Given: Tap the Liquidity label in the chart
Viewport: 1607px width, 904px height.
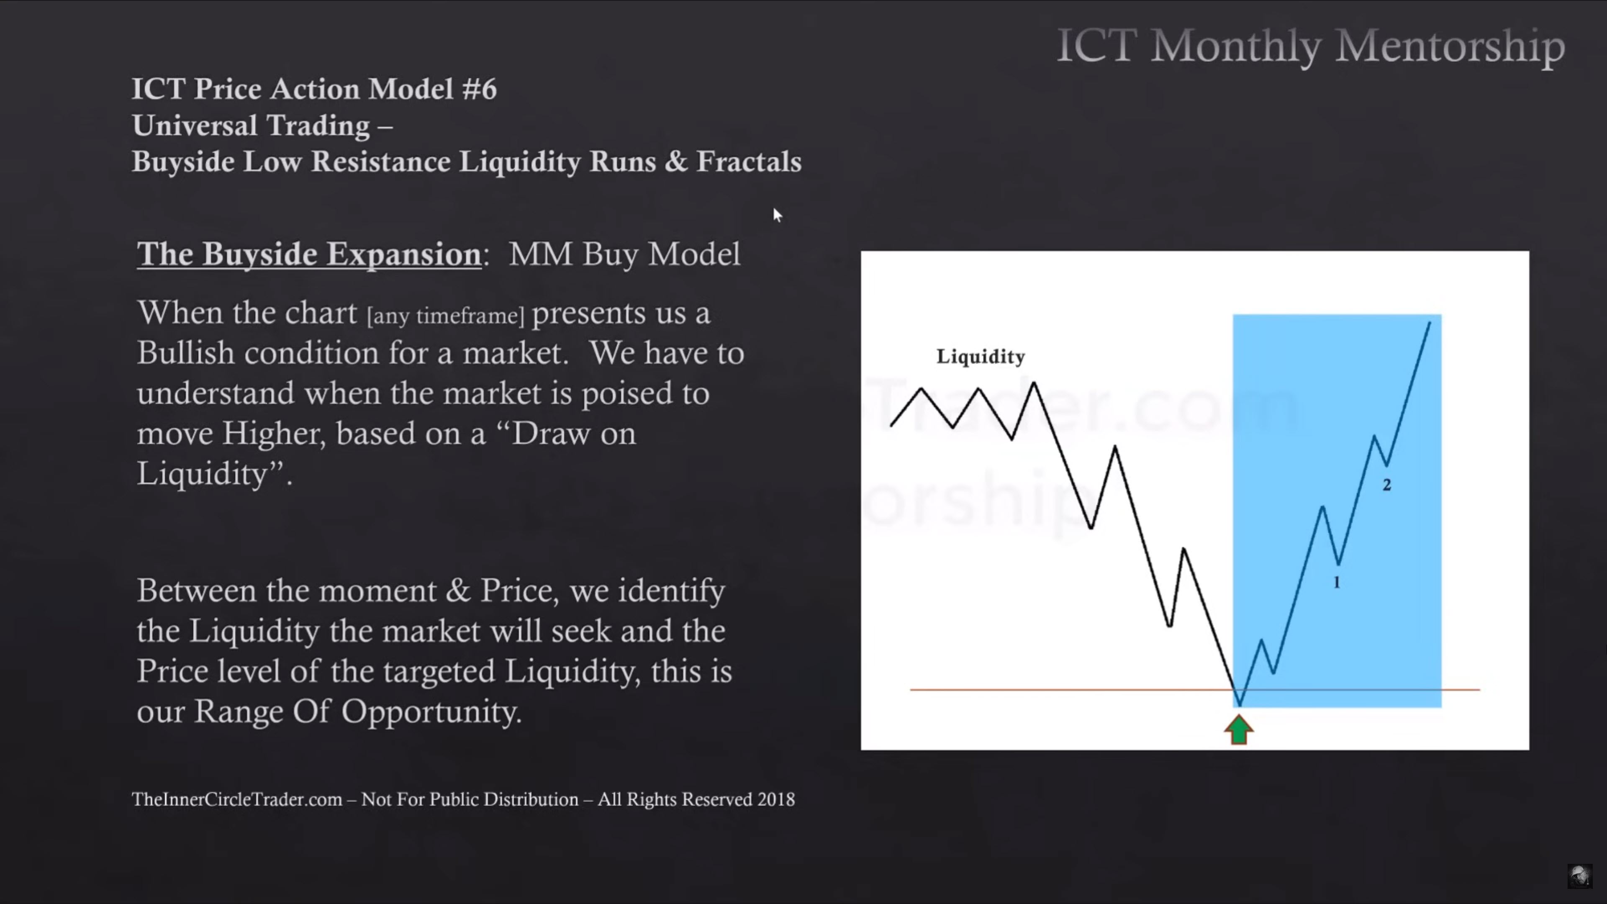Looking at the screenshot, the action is [x=981, y=357].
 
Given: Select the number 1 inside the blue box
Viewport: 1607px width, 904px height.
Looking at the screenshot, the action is [x=1336, y=582].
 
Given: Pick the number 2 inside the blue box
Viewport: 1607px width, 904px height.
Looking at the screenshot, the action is [x=1386, y=485].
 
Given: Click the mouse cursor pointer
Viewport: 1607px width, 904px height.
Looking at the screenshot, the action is [x=777, y=215].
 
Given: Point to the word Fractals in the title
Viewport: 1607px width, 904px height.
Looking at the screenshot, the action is [x=749, y=161].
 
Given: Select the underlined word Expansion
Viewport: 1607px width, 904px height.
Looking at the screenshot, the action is [x=404, y=254].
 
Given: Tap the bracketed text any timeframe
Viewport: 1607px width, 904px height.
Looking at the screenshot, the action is [x=445, y=316].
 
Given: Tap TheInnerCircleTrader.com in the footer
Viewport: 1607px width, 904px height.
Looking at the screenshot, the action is [x=237, y=799].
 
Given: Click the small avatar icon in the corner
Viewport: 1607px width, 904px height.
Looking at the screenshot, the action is [x=1579, y=876].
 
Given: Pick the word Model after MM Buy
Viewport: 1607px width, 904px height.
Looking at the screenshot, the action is [x=694, y=254].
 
